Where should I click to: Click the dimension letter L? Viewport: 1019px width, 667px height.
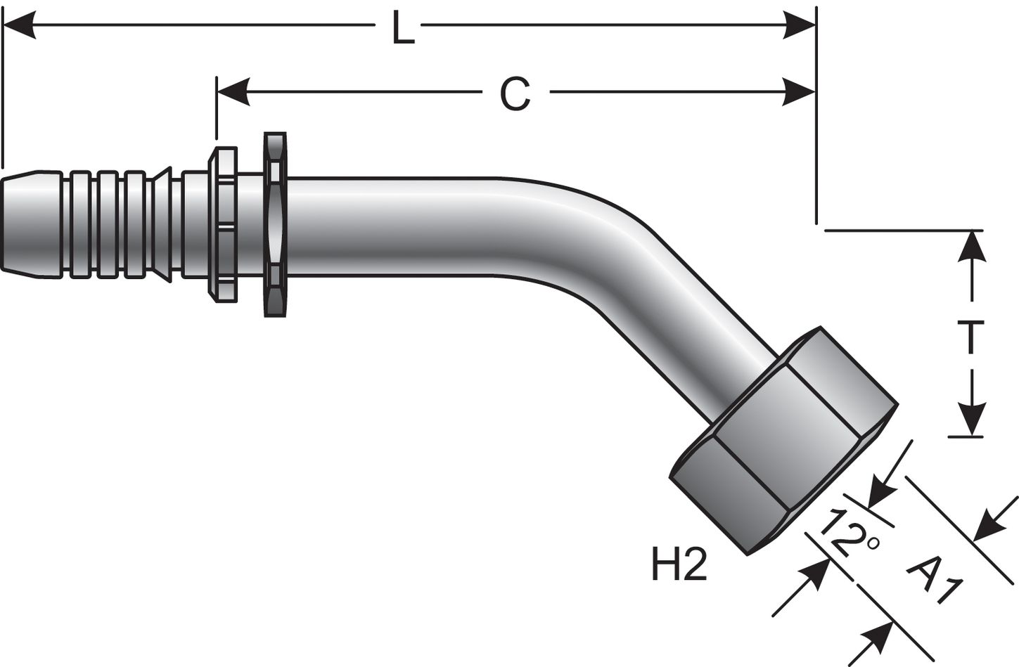coord(403,30)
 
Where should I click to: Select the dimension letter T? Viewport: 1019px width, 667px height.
coord(971,336)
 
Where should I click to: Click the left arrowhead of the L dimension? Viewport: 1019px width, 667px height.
coord(20,29)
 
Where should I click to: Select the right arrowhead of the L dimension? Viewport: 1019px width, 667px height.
coord(800,29)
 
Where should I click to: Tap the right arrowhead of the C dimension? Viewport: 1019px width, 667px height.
coord(800,91)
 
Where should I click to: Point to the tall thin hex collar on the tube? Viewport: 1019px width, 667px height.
coord(275,224)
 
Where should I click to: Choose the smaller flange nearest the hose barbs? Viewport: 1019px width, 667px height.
coord(222,224)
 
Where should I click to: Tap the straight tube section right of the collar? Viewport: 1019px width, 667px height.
coord(394,224)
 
